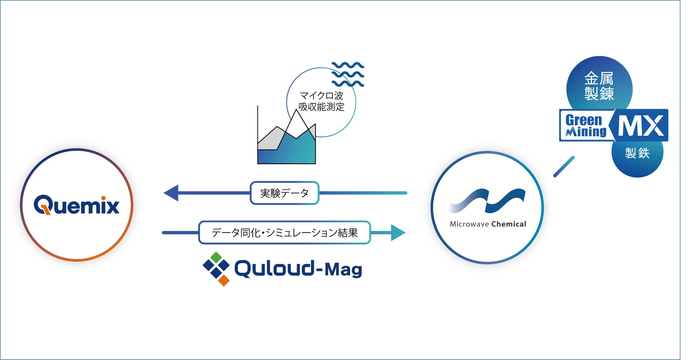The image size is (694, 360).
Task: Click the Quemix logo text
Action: [x=77, y=205]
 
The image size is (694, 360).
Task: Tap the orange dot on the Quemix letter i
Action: [x=104, y=198]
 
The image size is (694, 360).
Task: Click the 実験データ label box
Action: [x=284, y=193]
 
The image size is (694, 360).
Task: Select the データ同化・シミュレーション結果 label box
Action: [x=284, y=233]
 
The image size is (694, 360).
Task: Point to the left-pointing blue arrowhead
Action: [x=172, y=193]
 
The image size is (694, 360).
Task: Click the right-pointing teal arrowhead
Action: [x=398, y=233]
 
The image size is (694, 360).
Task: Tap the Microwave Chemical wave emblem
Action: [x=488, y=201]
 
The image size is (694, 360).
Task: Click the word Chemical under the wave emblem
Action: [x=509, y=224]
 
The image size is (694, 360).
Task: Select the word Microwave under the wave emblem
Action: [x=469, y=224]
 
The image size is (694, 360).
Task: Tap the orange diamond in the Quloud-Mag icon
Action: [x=224, y=280]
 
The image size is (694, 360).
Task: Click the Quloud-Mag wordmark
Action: [x=298, y=269]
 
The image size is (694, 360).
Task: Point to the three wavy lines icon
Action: [x=348, y=74]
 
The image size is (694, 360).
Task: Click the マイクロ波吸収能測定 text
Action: [x=321, y=101]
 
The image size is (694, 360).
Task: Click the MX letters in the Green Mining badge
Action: [x=641, y=126]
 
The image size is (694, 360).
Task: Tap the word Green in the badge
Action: [x=584, y=120]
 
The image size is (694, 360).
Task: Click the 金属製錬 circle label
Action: [x=599, y=86]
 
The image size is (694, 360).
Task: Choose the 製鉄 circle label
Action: [x=637, y=153]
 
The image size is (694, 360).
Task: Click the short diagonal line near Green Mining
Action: [x=564, y=167]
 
